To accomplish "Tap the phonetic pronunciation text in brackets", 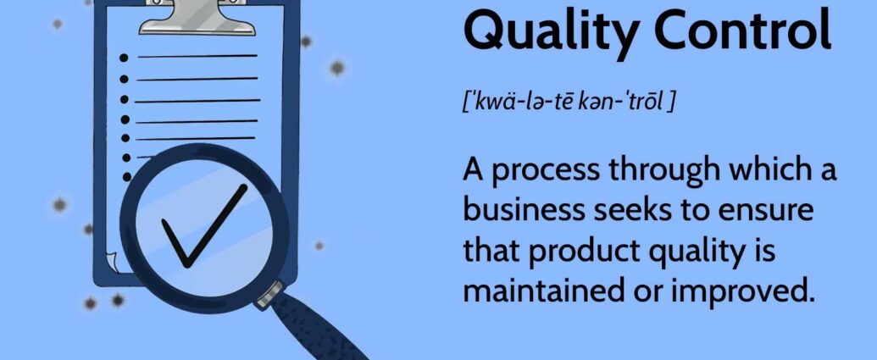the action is click(567, 102).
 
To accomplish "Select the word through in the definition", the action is click(659, 171).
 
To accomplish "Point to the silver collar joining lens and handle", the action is click(270, 295).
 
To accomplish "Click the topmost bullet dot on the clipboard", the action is click(124, 58).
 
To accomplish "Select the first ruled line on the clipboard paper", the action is click(197, 56).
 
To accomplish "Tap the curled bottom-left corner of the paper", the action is click(111, 260).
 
